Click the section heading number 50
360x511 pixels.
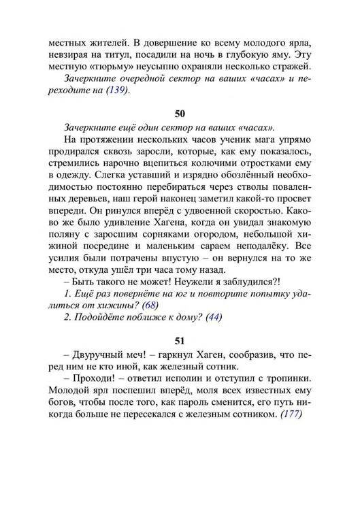pyautogui.click(x=180, y=112)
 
